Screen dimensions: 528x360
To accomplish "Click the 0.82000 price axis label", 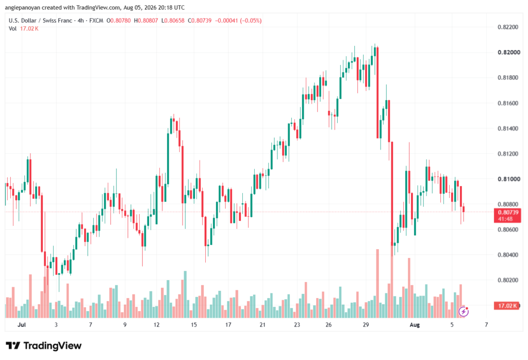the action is [x=508, y=52].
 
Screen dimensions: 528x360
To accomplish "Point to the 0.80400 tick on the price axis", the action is [x=508, y=255].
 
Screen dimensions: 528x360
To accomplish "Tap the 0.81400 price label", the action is [x=508, y=128].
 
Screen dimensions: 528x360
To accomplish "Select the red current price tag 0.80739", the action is [x=507, y=215].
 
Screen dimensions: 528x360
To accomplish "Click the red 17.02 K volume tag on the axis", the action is [x=506, y=306].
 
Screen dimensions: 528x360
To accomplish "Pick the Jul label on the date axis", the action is [x=22, y=325].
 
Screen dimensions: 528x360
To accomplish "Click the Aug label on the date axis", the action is [x=415, y=325].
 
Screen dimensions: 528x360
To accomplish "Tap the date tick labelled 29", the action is [x=366, y=325].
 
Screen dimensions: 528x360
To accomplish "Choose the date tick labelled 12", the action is [x=157, y=325].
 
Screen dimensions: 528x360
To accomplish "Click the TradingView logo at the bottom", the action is [x=44, y=346].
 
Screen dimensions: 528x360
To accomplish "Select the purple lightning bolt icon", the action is [x=464, y=312].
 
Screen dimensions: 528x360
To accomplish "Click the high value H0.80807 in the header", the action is [x=146, y=21].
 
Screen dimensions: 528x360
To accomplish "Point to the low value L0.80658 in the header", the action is [x=173, y=21].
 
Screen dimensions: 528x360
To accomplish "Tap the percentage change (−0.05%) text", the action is [x=250, y=21].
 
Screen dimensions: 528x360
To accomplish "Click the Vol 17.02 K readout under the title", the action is [x=24, y=29].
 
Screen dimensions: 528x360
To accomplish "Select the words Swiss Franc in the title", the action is [x=57, y=21].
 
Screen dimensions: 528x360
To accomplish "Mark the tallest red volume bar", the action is [x=377, y=284].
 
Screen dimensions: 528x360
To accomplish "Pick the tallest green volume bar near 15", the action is [x=185, y=294].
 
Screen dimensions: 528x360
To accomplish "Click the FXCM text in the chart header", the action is [x=96, y=21].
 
